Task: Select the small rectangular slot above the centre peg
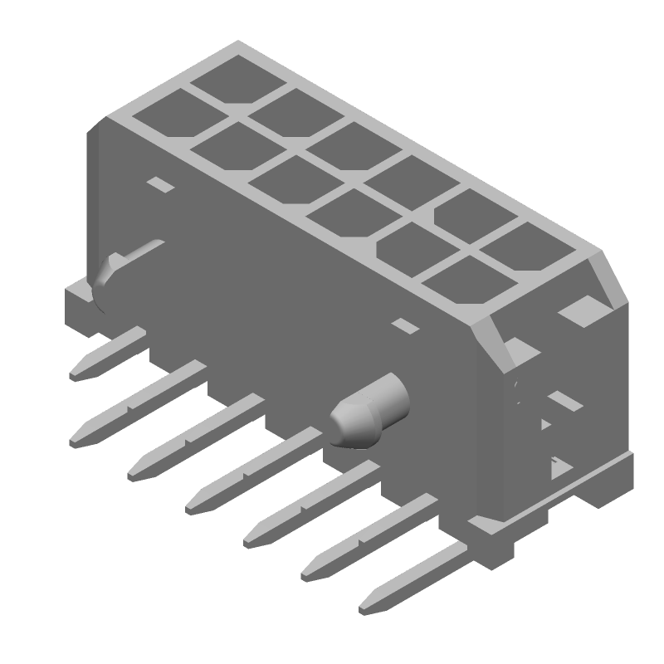pyautogui.click(x=406, y=325)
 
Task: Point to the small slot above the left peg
pyautogui.click(x=161, y=184)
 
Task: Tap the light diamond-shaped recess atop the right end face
pyautogui.click(x=582, y=310)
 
